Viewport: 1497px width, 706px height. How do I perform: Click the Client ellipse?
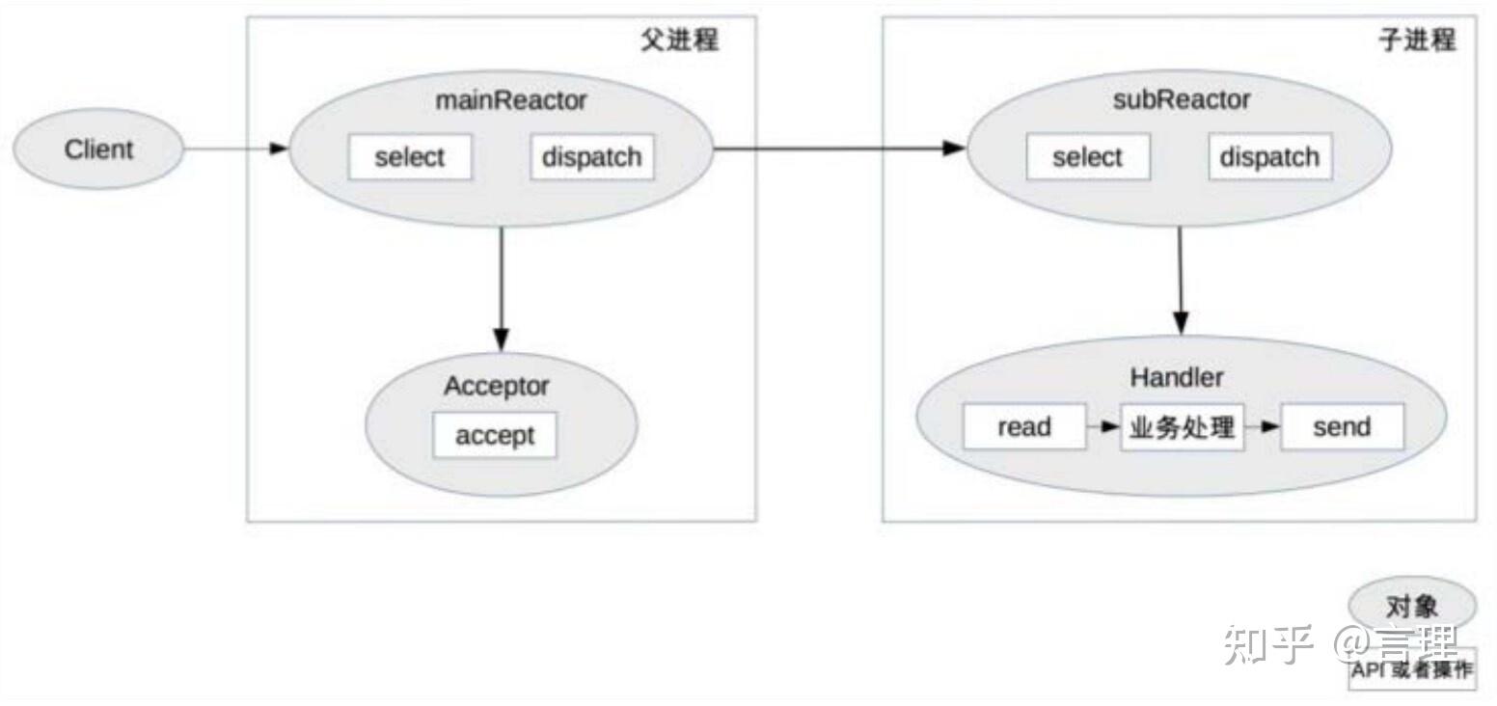pyautogui.click(x=97, y=150)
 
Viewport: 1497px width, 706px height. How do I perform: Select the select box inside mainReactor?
pyautogui.click(x=410, y=157)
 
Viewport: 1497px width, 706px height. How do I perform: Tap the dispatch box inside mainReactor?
pyautogui.click(x=591, y=157)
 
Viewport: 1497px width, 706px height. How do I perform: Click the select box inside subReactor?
pyautogui.click(x=1087, y=157)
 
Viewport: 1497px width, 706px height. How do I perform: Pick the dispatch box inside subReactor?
pyautogui.click(x=1269, y=157)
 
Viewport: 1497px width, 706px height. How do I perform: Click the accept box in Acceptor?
pyautogui.click(x=494, y=435)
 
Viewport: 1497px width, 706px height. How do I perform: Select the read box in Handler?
pyautogui.click(x=1023, y=426)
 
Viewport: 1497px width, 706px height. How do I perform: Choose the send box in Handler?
pyautogui.click(x=1341, y=426)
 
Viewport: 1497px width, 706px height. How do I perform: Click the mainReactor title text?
pyautogui.click(x=511, y=100)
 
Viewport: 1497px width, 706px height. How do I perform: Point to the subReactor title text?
pyautogui.click(x=1181, y=100)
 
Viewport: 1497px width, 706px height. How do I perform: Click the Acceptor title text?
pyautogui.click(x=496, y=387)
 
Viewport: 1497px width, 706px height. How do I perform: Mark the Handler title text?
pyautogui.click(x=1177, y=378)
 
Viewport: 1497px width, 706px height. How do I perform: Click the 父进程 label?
pyautogui.click(x=679, y=41)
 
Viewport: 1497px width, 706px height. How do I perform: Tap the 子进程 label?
pyautogui.click(x=1416, y=41)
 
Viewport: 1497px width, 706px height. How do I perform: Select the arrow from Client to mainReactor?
pyautogui.click(x=235, y=149)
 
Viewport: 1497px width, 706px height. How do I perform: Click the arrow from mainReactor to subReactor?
pyautogui.click(x=839, y=149)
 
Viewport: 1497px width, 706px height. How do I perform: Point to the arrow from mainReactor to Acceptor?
pyautogui.click(x=501, y=289)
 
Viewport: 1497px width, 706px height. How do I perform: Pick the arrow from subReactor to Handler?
pyautogui.click(x=1180, y=281)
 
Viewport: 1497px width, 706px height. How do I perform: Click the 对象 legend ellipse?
pyautogui.click(x=1412, y=607)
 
